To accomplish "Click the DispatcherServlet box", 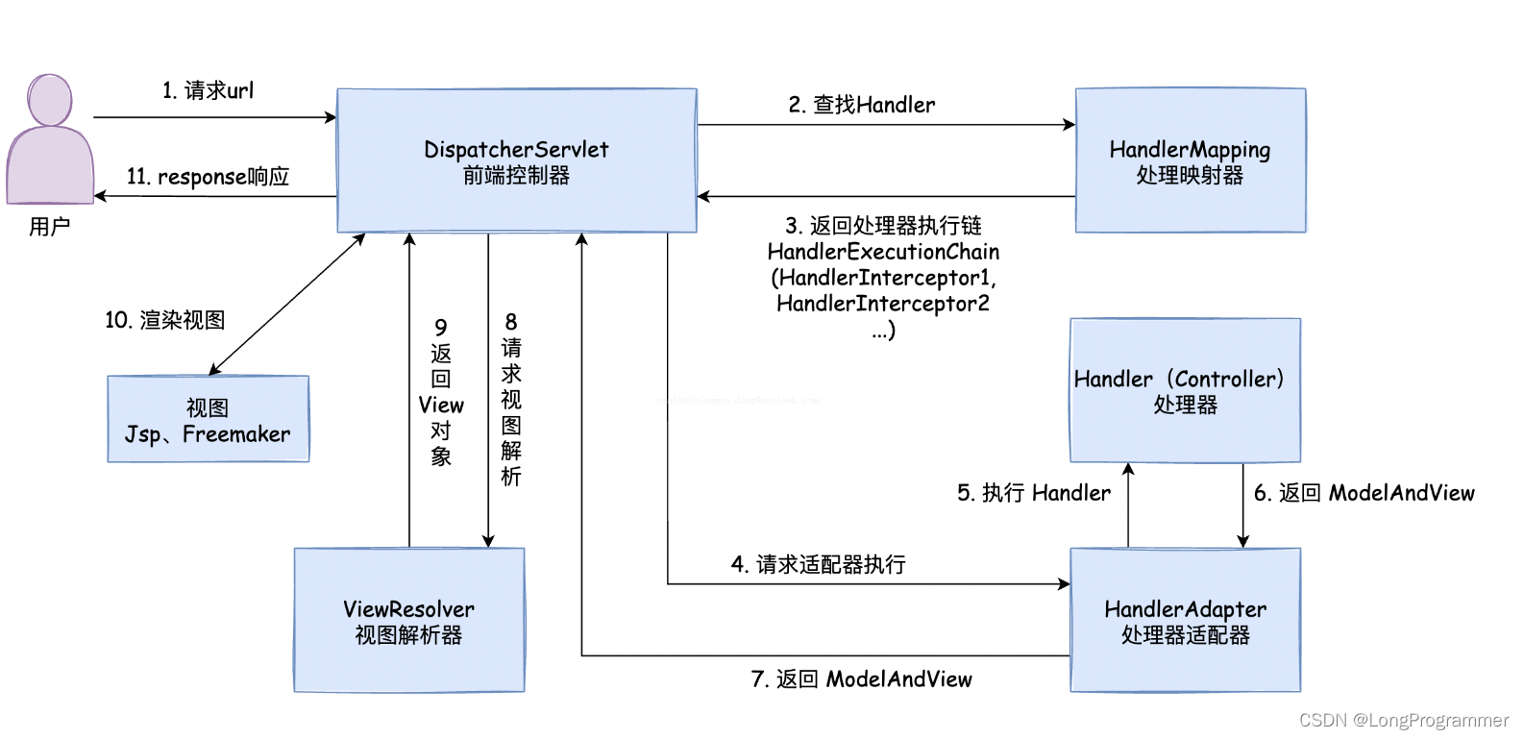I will pyautogui.click(x=516, y=160).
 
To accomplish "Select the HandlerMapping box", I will pyautogui.click(x=1190, y=160).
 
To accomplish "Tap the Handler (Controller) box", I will pyautogui.click(x=1185, y=390).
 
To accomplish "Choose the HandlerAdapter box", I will pyautogui.click(x=1185, y=620).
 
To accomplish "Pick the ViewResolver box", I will pyautogui.click(x=408, y=620).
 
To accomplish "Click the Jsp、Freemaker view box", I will pyautogui.click(x=208, y=420).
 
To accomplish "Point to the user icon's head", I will pyautogui.click(x=50, y=99).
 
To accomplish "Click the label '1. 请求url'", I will pyautogui.click(x=208, y=90).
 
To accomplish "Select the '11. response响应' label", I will pyautogui.click(x=208, y=177).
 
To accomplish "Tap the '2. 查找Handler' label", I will pyautogui.click(x=861, y=105).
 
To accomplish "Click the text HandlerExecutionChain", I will pyautogui.click(x=883, y=252).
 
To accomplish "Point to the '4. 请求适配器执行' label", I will pyautogui.click(x=818, y=564).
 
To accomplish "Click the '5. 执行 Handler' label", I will pyautogui.click(x=1033, y=493).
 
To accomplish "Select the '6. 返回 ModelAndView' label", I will pyautogui.click(x=1364, y=493).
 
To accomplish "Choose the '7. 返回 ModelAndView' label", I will pyautogui.click(x=861, y=679).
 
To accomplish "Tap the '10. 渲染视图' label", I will pyautogui.click(x=164, y=320).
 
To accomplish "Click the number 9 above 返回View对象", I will pyautogui.click(x=440, y=327).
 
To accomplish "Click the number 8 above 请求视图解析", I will pyautogui.click(x=510, y=322).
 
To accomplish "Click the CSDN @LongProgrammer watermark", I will pyautogui.click(x=1403, y=720).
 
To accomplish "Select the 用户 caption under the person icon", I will pyautogui.click(x=49, y=227).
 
